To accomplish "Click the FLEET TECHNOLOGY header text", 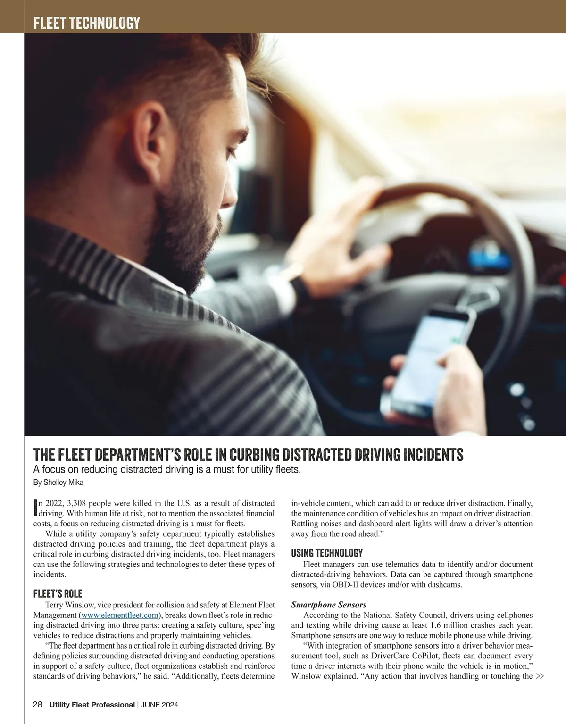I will click(x=87, y=23).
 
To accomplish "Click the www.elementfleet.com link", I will click(x=120, y=615).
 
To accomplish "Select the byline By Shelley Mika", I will click(x=58, y=483).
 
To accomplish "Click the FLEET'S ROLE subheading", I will click(x=58, y=593).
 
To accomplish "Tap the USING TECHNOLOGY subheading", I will click(x=327, y=553).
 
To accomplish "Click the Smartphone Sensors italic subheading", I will click(x=328, y=605).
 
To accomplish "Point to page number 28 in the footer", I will click(x=38, y=705).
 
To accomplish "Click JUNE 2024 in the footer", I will click(x=159, y=705).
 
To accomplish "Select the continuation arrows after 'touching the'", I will click(x=540, y=676).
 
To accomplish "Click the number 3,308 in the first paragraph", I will click(x=76, y=503).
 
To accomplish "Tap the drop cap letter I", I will click(x=35, y=508).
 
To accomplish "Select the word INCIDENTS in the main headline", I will click(x=433, y=455).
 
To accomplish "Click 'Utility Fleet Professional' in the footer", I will click(x=92, y=705).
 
